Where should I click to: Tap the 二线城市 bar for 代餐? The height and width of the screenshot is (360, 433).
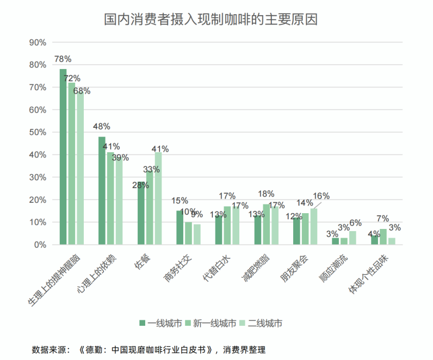[158, 198]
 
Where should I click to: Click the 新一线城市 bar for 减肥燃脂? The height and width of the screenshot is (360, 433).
[266, 224]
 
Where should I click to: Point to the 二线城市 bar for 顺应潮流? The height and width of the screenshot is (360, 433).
[352, 238]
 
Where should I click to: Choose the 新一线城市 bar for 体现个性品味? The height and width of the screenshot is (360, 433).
[383, 237]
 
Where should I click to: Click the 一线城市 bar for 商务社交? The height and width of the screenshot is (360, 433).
[180, 227]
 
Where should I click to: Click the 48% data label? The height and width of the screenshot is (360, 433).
[102, 126]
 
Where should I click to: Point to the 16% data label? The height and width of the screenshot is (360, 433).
[321, 196]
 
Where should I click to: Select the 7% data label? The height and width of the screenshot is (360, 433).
[383, 218]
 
